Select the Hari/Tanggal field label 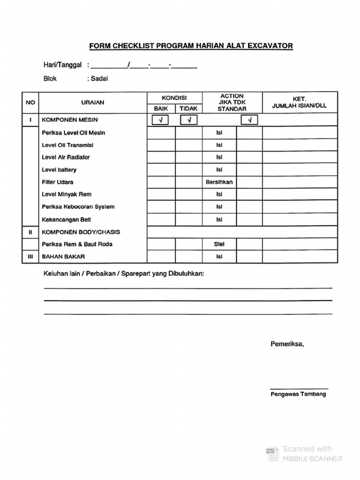tap(62, 65)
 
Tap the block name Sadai tap(99, 79)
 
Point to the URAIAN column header tap(93, 103)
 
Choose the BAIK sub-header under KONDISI tap(161, 109)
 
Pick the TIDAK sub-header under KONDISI tap(188, 109)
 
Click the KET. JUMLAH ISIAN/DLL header tap(299, 103)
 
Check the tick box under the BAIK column tap(161, 120)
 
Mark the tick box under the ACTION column tap(249, 120)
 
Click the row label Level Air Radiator tap(66, 157)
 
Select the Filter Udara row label tap(58, 182)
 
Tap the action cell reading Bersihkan tap(219, 182)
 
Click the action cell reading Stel tap(219, 244)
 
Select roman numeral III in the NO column tap(30, 257)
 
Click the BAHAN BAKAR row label tap(63, 257)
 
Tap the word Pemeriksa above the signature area tap(287, 344)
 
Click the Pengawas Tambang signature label tap(298, 394)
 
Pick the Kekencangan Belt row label tap(67, 219)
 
